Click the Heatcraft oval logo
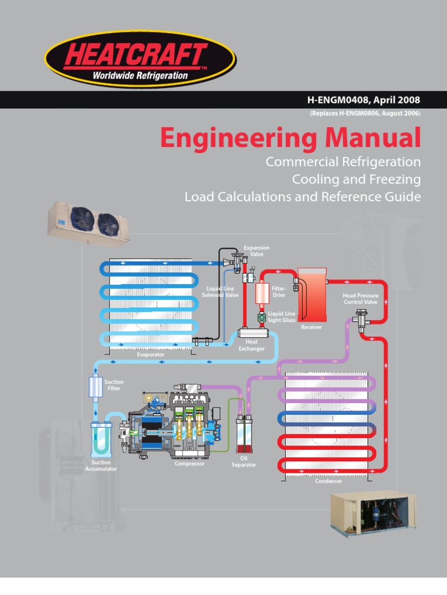(140, 58)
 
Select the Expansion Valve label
(257, 251)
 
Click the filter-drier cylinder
(262, 293)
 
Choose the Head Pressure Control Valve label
(360, 299)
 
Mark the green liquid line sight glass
(262, 317)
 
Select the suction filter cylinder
(95, 386)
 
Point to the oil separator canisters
(244, 435)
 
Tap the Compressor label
(190, 464)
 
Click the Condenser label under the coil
(328, 481)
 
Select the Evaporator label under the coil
(151, 354)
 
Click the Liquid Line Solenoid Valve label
(220, 292)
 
